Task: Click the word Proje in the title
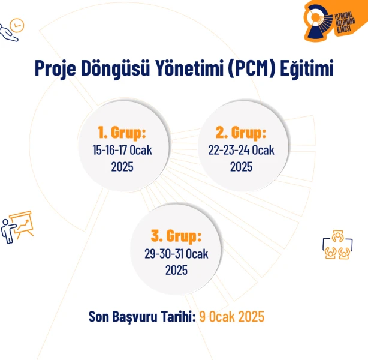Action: (x=55, y=68)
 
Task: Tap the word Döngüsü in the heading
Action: (x=116, y=68)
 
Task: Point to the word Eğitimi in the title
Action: (x=307, y=68)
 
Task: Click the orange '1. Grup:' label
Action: (x=122, y=132)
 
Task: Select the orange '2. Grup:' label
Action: (x=241, y=132)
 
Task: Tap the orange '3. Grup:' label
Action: (x=176, y=236)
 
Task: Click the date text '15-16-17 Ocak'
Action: (x=122, y=150)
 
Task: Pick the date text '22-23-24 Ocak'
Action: (x=241, y=150)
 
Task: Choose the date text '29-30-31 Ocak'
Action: (x=176, y=254)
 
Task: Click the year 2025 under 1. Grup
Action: (x=122, y=167)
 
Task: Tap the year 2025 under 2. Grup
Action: (x=241, y=167)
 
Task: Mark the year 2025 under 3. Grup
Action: (x=176, y=270)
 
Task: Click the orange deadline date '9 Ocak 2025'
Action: (x=231, y=317)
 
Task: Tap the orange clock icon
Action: (x=17, y=25)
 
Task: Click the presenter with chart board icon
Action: (x=17, y=227)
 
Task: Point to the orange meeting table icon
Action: (x=337, y=245)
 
